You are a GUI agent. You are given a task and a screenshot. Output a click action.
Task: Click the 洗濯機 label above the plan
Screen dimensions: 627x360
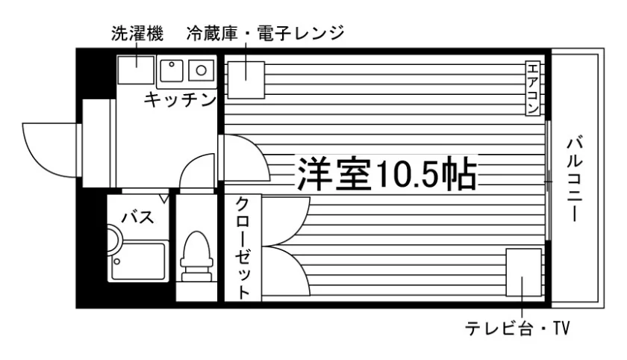(137, 34)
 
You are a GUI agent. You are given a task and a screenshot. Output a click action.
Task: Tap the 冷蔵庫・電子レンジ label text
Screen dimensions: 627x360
(265, 34)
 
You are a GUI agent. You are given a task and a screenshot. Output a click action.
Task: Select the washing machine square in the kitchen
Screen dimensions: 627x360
(136, 70)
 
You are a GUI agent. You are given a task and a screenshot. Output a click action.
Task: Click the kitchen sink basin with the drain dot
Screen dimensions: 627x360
(172, 71)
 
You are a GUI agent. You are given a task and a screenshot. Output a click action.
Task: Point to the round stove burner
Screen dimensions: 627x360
(201, 71)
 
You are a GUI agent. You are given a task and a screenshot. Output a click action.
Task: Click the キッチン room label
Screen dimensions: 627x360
(181, 99)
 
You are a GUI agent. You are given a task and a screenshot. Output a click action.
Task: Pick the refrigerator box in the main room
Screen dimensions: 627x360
(246, 80)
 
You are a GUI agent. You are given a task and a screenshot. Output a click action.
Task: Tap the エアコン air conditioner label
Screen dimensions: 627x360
(533, 88)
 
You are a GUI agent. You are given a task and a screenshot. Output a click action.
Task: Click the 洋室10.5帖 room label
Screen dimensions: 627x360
(387, 175)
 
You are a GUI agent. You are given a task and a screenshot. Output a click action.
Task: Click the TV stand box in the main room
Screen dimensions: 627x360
(523, 273)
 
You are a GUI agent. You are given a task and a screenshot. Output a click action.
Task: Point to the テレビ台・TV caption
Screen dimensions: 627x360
(517, 329)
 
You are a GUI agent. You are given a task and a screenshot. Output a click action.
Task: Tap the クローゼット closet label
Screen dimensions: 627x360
(243, 248)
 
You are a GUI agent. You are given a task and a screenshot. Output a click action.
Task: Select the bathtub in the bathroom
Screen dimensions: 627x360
(138, 261)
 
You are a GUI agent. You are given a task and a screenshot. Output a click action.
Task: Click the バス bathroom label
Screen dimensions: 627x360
(138, 217)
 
